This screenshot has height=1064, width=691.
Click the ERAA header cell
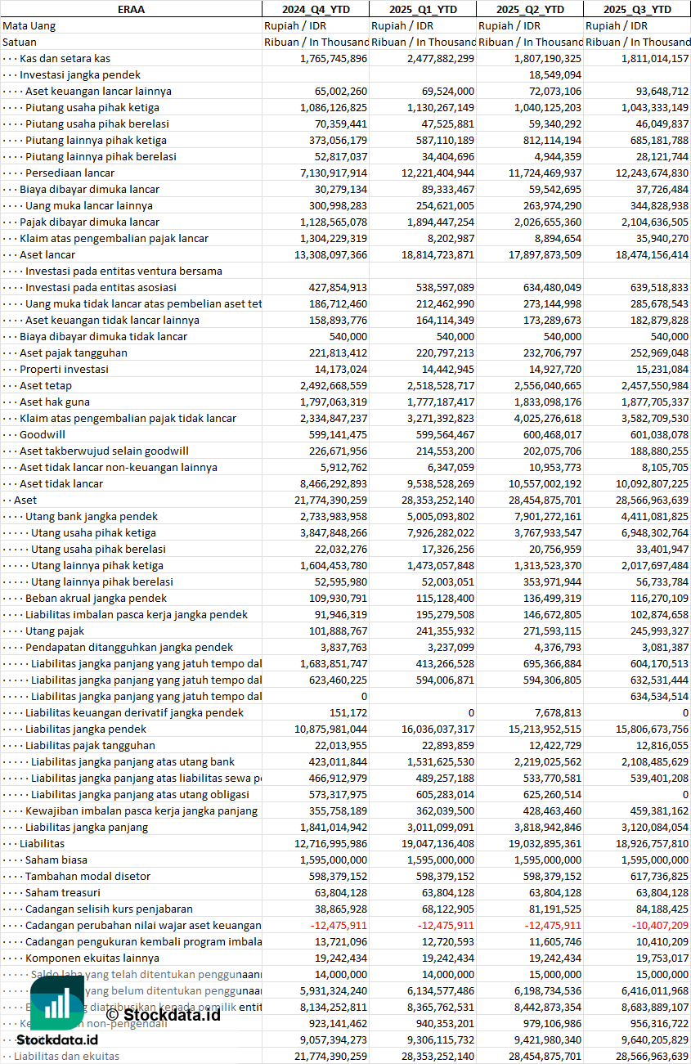tap(131, 9)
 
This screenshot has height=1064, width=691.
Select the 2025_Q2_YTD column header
tap(531, 9)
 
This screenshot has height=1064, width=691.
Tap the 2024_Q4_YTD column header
tap(315, 9)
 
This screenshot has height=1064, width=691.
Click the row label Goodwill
tap(43, 434)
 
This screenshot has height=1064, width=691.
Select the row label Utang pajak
tap(55, 631)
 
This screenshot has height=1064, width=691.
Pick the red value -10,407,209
tap(655, 925)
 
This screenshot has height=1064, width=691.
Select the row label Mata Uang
tap(29, 25)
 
